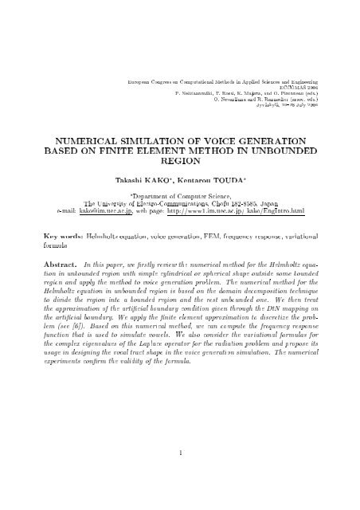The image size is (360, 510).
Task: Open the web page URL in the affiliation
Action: pyautogui.click(x=249, y=211)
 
